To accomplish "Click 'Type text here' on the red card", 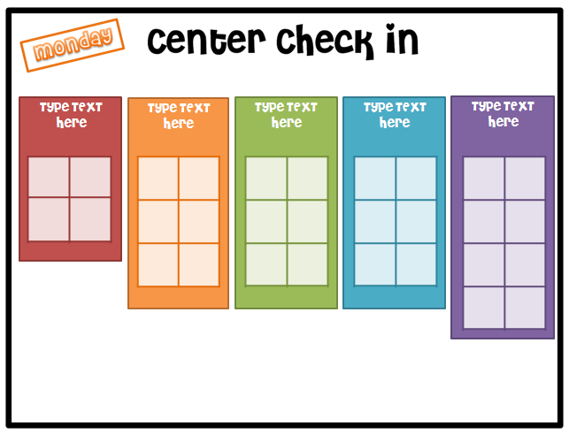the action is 71,115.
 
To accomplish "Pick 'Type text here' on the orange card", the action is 179,116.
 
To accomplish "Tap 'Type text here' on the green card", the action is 286,115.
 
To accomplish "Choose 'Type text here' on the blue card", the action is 394,115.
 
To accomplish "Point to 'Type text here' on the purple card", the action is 503,114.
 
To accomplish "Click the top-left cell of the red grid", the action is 50,177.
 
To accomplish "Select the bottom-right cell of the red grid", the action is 91,219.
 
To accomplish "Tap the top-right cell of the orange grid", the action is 199,179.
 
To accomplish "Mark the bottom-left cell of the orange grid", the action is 158,264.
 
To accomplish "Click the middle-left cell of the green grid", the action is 265,221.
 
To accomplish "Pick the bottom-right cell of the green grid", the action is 308,263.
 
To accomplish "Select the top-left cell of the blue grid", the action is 374,179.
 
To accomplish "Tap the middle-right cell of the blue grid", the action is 416,221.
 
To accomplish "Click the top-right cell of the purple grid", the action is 525,179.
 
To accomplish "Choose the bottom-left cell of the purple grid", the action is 483,307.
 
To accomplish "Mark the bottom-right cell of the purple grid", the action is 525,307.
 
